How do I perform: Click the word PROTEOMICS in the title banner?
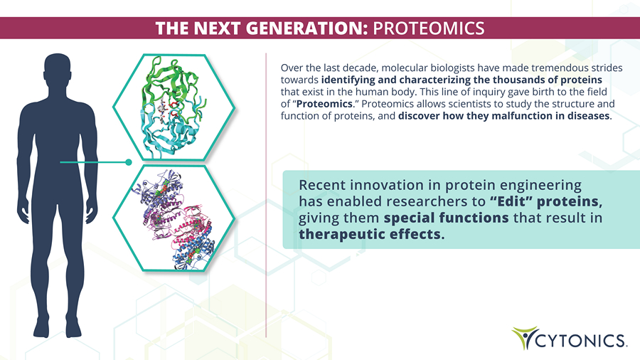[x=429, y=28]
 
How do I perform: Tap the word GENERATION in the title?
[x=305, y=28]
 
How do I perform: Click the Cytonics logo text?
[x=580, y=340]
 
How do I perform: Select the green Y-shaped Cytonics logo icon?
[x=524, y=337]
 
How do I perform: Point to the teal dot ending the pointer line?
[x=129, y=162]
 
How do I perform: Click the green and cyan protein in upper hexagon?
[x=173, y=107]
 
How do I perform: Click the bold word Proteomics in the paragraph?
[x=324, y=104]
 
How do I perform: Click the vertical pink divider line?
[x=266, y=195]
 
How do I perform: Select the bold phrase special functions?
[x=446, y=218]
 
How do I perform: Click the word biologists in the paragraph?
[x=453, y=68]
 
